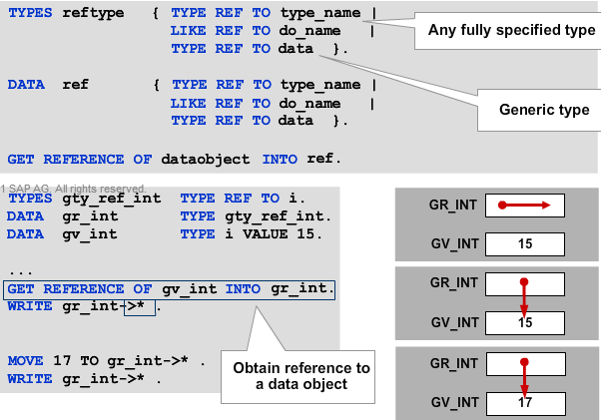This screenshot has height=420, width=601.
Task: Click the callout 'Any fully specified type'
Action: click(510, 30)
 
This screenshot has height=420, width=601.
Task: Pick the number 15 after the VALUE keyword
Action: click(312, 234)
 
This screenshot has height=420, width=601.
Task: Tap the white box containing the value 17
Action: click(525, 404)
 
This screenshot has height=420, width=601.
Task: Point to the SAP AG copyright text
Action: click(76, 188)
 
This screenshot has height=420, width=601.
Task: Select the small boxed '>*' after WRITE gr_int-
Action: click(140, 306)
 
